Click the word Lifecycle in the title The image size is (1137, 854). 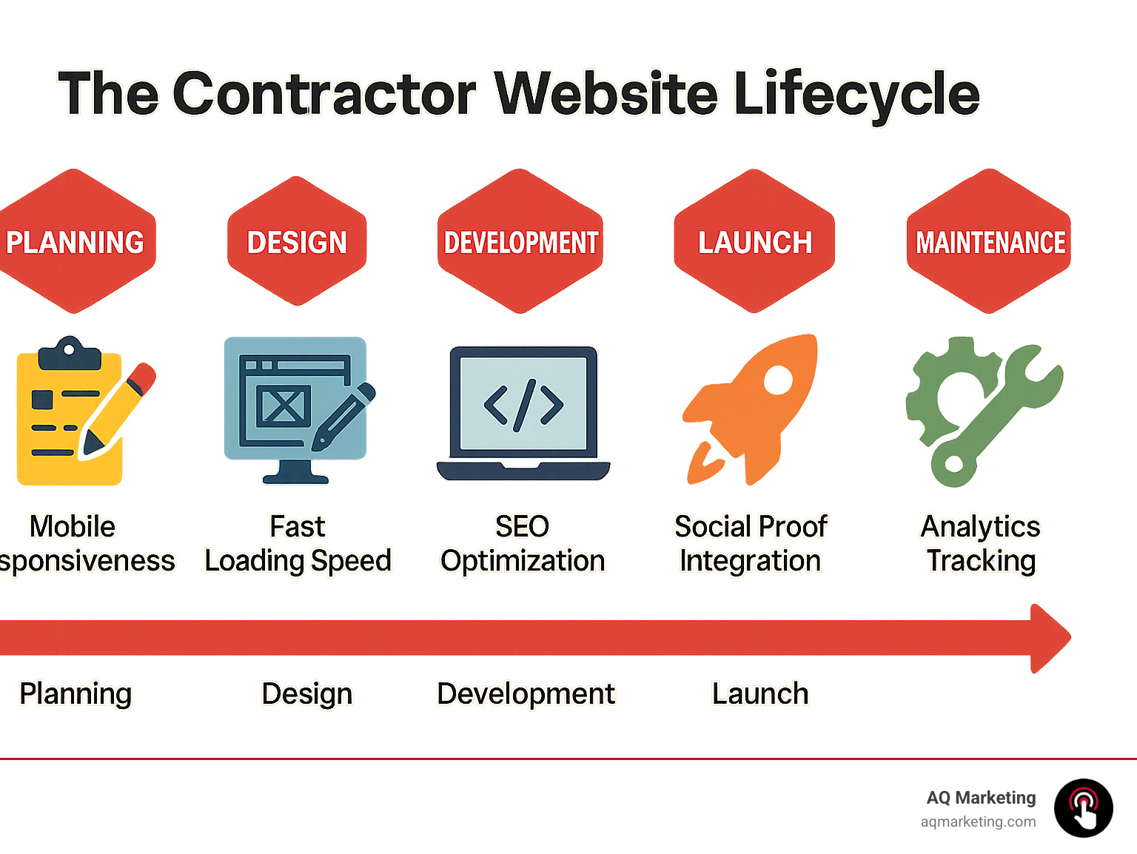point(856,94)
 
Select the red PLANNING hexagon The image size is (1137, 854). point(74,241)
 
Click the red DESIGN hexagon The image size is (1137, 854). point(297,241)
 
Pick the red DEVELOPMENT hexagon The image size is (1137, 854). point(520,241)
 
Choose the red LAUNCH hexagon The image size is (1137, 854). point(754,241)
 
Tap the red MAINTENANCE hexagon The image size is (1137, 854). point(989,241)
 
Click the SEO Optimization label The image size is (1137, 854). point(523,544)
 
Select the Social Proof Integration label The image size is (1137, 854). point(751,544)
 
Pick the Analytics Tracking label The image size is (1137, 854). point(981,544)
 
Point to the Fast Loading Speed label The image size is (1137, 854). point(298,544)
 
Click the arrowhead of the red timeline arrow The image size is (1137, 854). point(1050,638)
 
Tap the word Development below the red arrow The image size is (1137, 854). point(526,694)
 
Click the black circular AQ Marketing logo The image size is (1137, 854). point(1083,808)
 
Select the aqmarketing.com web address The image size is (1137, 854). point(978,821)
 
